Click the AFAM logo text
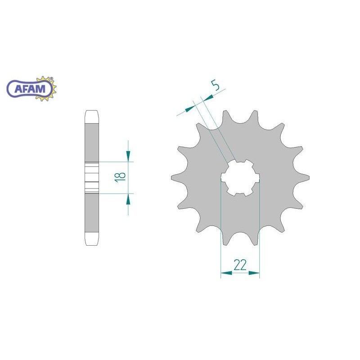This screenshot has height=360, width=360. coord(30,89)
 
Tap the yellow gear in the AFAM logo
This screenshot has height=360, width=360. coord(48,88)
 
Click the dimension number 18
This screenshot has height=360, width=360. coord(120,177)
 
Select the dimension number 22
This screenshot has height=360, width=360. coord(240,265)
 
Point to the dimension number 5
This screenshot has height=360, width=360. coord(215,85)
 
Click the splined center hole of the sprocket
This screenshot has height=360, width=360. coord(240,178)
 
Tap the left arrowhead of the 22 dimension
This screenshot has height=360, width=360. coord(226,273)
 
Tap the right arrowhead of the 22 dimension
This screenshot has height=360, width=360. coord(254,273)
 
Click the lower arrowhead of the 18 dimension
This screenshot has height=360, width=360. coord(128,199)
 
